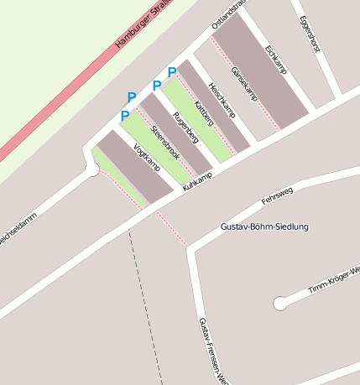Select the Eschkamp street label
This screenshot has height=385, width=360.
tap(275, 60)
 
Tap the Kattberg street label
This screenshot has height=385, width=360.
tap(203, 113)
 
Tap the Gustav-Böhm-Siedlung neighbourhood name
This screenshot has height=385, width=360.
tap(264, 227)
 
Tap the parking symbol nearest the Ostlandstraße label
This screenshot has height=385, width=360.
tap(172, 72)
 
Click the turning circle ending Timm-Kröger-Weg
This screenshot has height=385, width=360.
tap(279, 304)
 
